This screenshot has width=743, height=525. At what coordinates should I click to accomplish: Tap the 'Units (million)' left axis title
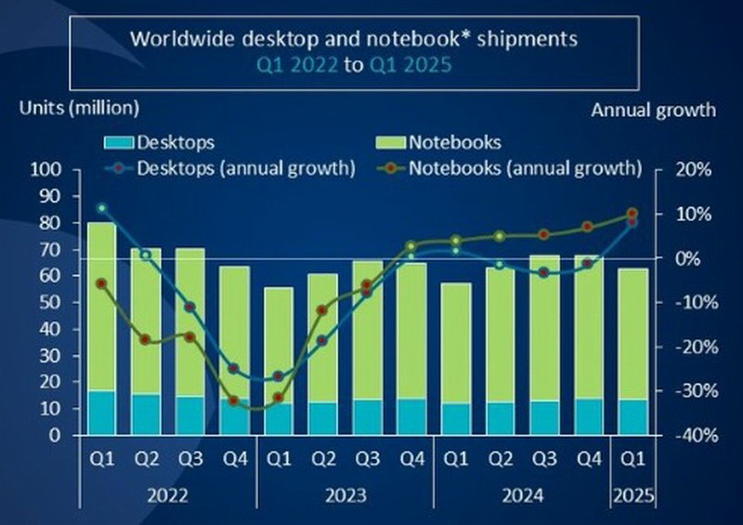[x=79, y=108]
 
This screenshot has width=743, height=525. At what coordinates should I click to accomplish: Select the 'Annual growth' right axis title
[x=653, y=110]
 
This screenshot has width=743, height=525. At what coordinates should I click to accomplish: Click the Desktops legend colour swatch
[x=117, y=143]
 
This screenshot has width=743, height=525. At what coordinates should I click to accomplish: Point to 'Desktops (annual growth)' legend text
[x=246, y=169]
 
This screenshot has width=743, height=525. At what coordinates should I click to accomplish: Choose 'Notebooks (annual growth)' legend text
[x=526, y=169]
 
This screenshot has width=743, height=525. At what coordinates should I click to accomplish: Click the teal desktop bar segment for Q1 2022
[x=101, y=413]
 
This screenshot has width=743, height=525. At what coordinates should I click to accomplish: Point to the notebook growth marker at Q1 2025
[x=632, y=214]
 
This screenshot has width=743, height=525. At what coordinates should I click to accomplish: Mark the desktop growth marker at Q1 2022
[x=101, y=208]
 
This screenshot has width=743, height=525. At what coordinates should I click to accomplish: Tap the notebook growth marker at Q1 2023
[x=278, y=397]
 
